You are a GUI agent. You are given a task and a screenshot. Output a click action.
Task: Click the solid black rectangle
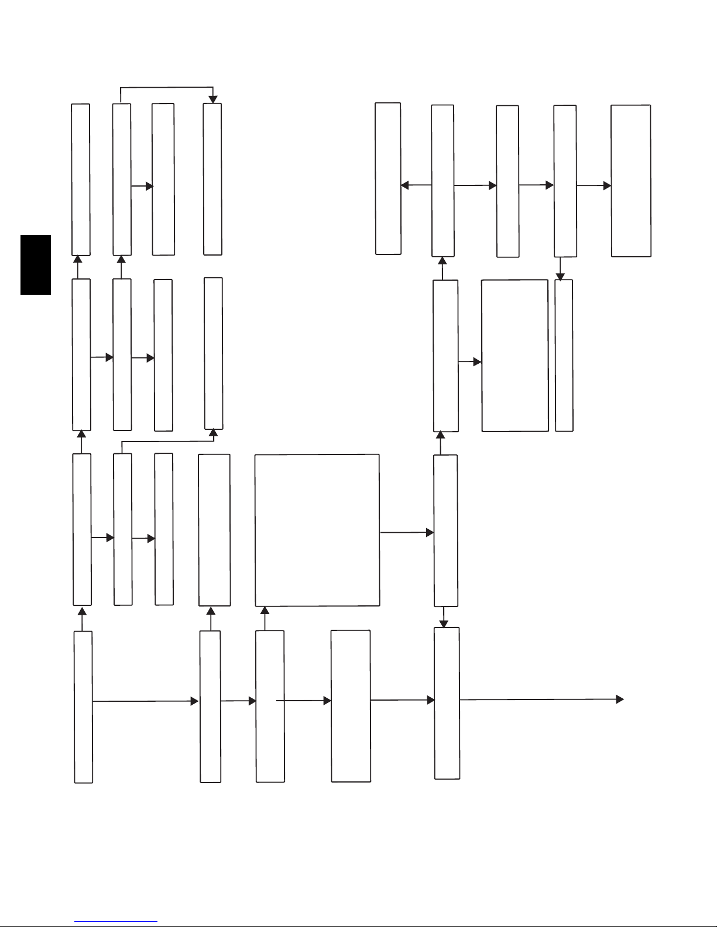tap(36, 265)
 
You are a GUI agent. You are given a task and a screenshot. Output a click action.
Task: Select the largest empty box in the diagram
tap(317, 530)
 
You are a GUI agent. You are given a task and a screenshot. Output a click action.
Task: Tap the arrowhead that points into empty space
tap(619, 699)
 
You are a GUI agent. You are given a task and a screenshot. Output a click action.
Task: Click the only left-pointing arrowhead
tap(404, 185)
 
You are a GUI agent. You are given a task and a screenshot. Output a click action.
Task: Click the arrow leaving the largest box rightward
tap(407, 533)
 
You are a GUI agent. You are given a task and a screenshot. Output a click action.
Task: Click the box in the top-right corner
tap(630, 181)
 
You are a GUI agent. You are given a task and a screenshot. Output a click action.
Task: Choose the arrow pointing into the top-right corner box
tap(594, 185)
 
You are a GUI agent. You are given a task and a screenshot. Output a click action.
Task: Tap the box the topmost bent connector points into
tap(212, 179)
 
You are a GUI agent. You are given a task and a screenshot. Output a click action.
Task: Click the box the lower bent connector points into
tap(213, 353)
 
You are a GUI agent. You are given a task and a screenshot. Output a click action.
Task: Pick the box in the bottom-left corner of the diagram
tap(83, 707)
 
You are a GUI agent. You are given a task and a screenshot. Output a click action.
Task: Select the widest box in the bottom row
tap(351, 706)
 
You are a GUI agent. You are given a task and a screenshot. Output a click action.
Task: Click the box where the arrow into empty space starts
tap(447, 703)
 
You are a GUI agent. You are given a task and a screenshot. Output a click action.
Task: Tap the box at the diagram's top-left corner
tap(81, 179)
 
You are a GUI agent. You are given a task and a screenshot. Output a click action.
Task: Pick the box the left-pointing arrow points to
tap(387, 178)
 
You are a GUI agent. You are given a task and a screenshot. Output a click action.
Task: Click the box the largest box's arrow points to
tap(445, 530)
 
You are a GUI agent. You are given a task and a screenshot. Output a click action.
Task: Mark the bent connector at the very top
tap(167, 88)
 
